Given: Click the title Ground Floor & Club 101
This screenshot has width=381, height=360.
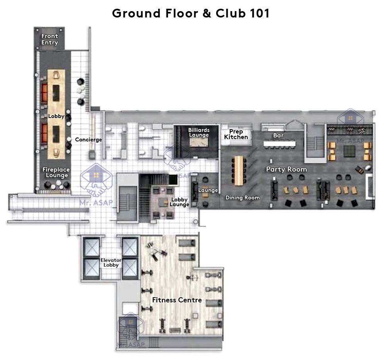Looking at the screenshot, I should [x=191, y=13].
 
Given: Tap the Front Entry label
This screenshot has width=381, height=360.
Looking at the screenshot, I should [x=50, y=39].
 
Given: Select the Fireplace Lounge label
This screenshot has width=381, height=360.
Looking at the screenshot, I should [x=56, y=172].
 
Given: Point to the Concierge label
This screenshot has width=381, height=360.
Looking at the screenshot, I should [x=89, y=139].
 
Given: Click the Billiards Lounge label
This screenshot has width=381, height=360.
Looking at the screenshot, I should [x=199, y=132].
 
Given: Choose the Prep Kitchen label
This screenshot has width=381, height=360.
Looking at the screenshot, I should [x=236, y=134].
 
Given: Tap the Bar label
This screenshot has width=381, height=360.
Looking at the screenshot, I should [x=278, y=135].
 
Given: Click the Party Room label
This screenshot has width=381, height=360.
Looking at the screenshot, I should [x=286, y=169].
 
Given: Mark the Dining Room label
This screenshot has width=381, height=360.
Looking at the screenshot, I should [x=242, y=197].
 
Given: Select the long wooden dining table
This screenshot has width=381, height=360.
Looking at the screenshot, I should [x=239, y=170].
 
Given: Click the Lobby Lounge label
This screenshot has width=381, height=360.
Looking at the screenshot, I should [x=179, y=202].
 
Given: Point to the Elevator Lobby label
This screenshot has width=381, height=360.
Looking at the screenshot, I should [x=111, y=263].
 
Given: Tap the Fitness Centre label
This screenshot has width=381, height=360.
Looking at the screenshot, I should [x=177, y=300].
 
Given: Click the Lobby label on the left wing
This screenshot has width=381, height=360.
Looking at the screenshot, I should [x=56, y=116].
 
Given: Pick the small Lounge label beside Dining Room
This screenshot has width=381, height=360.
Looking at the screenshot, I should [x=208, y=190].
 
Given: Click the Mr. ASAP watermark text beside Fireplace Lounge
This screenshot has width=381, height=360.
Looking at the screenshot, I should [x=97, y=202].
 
